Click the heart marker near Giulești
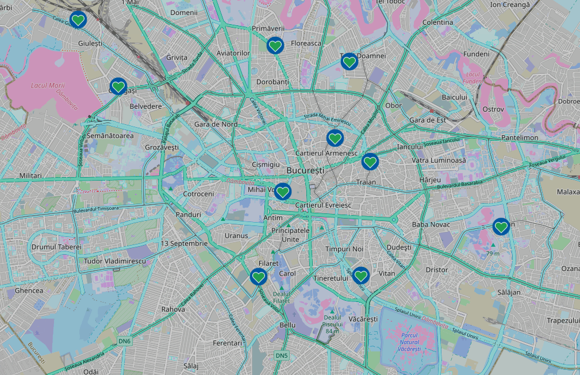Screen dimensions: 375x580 coord(78,21)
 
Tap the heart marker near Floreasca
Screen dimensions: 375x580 coord(275,45)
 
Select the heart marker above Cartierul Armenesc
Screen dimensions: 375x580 coord(335,138)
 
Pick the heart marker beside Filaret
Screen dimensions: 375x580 coord(259,277)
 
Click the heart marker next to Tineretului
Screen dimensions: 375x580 coord(360,276)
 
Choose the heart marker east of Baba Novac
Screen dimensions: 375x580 coord(501,227)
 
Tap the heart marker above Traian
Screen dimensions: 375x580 coord(370,162)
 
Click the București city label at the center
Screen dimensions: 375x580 coord(305,171)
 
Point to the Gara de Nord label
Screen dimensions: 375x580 coord(216,124)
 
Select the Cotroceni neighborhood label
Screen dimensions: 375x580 coord(198,194)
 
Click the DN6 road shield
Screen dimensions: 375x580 coord(125,341)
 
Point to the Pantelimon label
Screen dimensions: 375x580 coord(520,138)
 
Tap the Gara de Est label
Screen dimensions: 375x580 coord(428,120)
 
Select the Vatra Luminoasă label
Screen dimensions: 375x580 coord(439,160)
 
